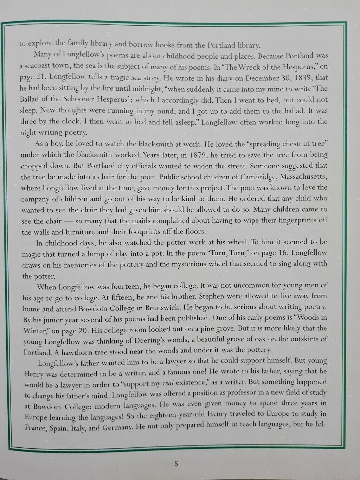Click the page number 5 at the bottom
click(x=176, y=463)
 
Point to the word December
click(x=262, y=78)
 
